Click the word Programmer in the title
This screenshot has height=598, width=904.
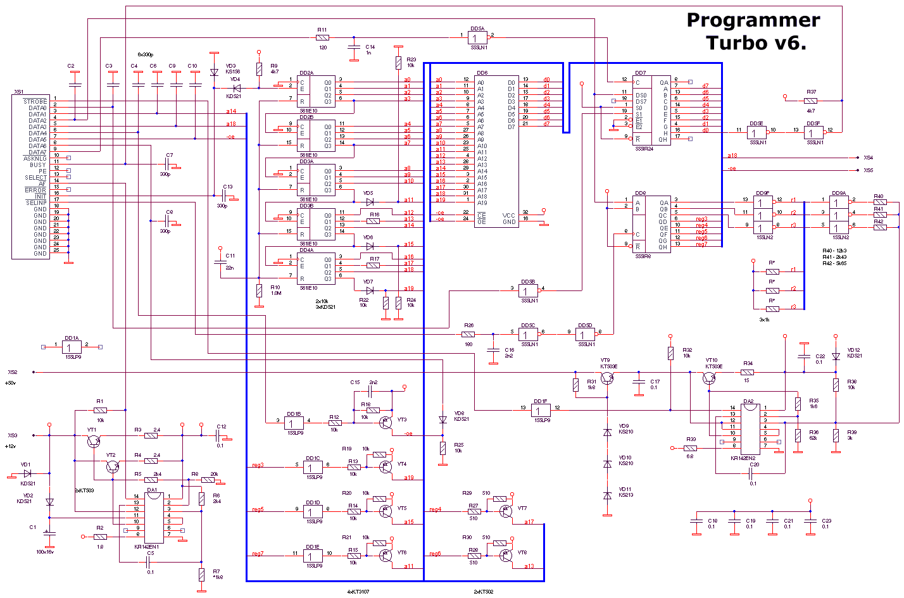[753, 20]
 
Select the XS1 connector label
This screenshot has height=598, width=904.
[19, 92]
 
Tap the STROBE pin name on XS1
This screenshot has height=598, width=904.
[35, 101]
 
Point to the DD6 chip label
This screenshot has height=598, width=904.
[482, 73]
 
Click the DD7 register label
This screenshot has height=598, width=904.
[640, 73]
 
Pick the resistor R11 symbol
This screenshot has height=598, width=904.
[322, 37]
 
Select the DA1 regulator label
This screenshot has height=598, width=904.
[152, 489]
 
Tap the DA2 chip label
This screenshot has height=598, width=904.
[748, 401]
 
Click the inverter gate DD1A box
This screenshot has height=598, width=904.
[72, 347]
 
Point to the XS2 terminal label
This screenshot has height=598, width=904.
[13, 372]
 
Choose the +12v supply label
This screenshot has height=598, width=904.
[10, 446]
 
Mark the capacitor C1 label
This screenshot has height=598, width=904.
[33, 526]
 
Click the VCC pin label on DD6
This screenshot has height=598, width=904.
[508, 215]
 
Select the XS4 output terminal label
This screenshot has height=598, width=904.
[868, 158]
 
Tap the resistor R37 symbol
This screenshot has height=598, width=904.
[810, 101]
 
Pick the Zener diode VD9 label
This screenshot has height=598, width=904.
[624, 426]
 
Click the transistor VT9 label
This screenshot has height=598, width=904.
[605, 360]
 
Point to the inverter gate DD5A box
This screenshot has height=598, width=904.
[477, 37]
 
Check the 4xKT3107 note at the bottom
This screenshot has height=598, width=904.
[358, 592]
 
